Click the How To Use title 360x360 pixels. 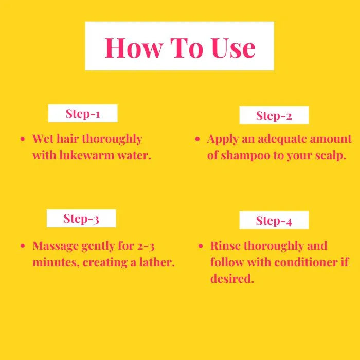click(x=180, y=47)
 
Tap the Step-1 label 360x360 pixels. click(x=83, y=114)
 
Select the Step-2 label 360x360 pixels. click(x=274, y=116)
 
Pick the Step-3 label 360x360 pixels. click(x=81, y=219)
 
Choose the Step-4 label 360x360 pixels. click(x=274, y=221)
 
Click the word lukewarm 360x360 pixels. click(x=87, y=155)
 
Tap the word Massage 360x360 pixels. click(x=56, y=246)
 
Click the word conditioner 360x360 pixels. click(x=307, y=262)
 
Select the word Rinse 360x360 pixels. click(x=225, y=246)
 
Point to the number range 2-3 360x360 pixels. click(x=146, y=246)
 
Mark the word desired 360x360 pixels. click(x=232, y=279)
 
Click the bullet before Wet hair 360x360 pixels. click(x=23, y=139)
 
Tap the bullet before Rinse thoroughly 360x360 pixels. click(x=201, y=246)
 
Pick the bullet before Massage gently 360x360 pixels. click(x=23, y=246)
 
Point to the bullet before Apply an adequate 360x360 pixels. click(x=197, y=139)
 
